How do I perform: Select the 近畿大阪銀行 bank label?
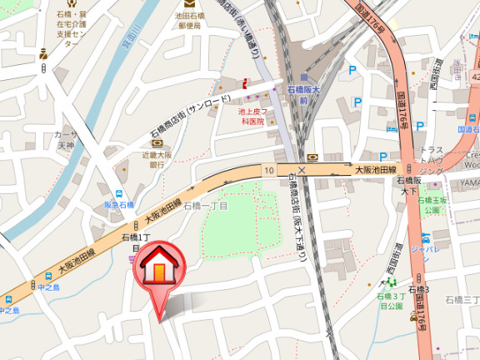[157, 160]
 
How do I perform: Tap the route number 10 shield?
[269, 170]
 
